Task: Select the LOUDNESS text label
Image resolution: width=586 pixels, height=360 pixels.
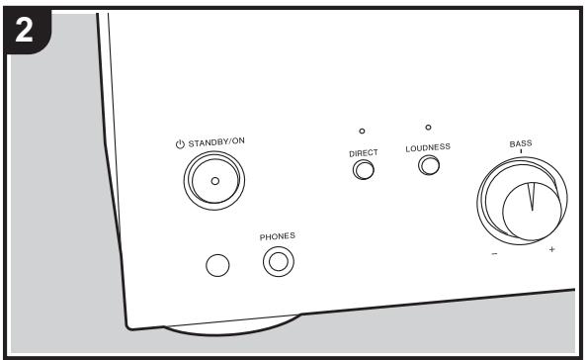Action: pyautogui.click(x=428, y=146)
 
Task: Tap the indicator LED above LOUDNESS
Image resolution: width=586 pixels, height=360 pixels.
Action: pyautogui.click(x=428, y=127)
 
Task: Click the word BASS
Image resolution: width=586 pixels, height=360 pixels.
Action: pyautogui.click(x=521, y=143)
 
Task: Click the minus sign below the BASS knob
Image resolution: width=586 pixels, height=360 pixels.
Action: pyautogui.click(x=494, y=252)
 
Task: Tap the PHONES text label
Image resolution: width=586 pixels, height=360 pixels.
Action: pyautogui.click(x=278, y=237)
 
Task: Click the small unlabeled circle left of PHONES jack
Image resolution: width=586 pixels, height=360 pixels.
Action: pyautogui.click(x=218, y=264)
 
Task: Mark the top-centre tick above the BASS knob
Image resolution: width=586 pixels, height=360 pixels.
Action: pyautogui.click(x=521, y=153)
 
